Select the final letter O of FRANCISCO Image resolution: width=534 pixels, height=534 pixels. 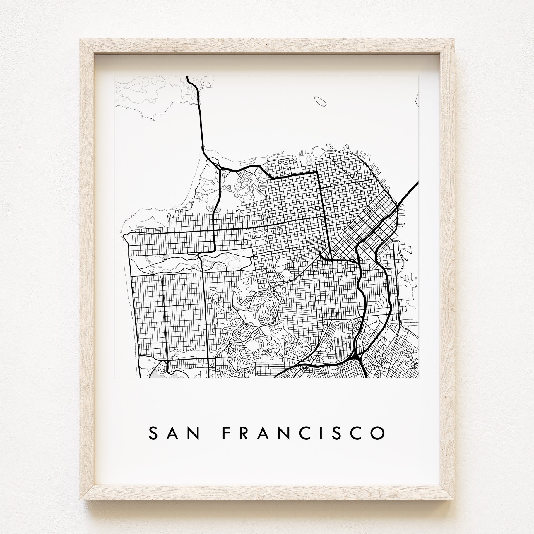click(378, 441)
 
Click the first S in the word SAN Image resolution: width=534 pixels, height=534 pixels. click(154, 441)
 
